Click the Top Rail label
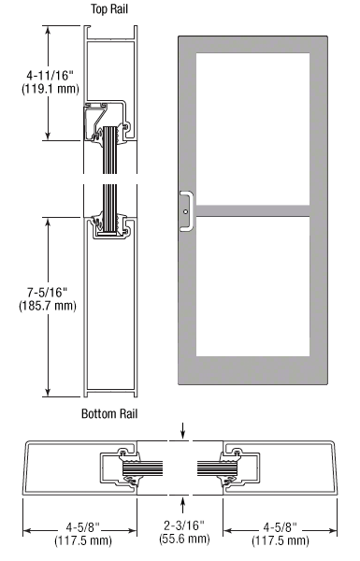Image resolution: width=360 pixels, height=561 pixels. click(109, 8)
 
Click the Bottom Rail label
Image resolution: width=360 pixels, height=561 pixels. click(109, 413)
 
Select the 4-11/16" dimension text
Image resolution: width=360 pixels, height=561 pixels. click(50, 75)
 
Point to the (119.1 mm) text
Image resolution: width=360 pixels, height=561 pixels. click(50, 89)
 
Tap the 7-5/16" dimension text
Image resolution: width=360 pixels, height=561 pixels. click(48, 293)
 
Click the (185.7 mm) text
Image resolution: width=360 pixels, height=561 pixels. click(48, 306)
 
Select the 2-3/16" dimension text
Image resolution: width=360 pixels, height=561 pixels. click(184, 525)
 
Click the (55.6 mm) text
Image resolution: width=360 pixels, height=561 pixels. click(184, 539)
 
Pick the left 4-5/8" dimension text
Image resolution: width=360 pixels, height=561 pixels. click(82, 526)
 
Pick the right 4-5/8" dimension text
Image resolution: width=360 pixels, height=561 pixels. click(281, 526)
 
